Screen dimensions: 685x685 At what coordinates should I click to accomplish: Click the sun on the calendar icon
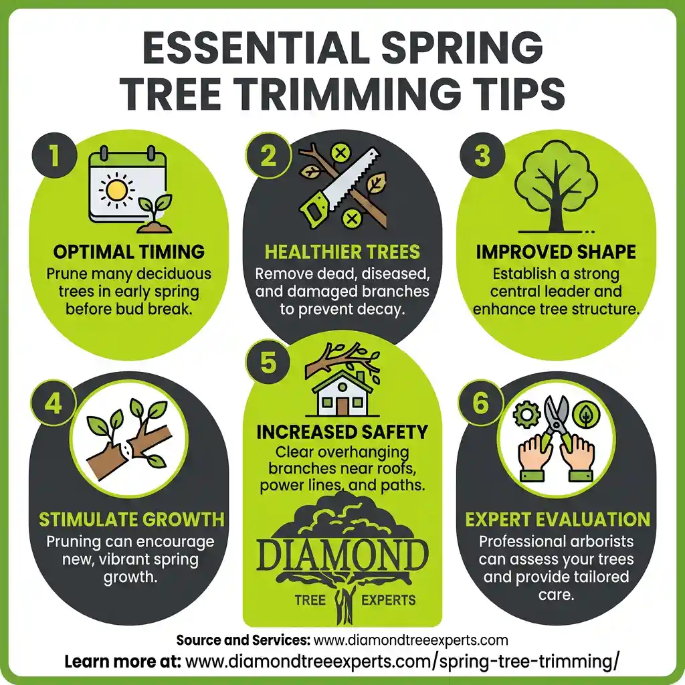(116, 190)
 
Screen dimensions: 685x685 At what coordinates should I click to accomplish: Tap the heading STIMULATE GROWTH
(131, 520)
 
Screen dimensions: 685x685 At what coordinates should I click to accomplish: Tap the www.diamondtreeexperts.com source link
(411, 640)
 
